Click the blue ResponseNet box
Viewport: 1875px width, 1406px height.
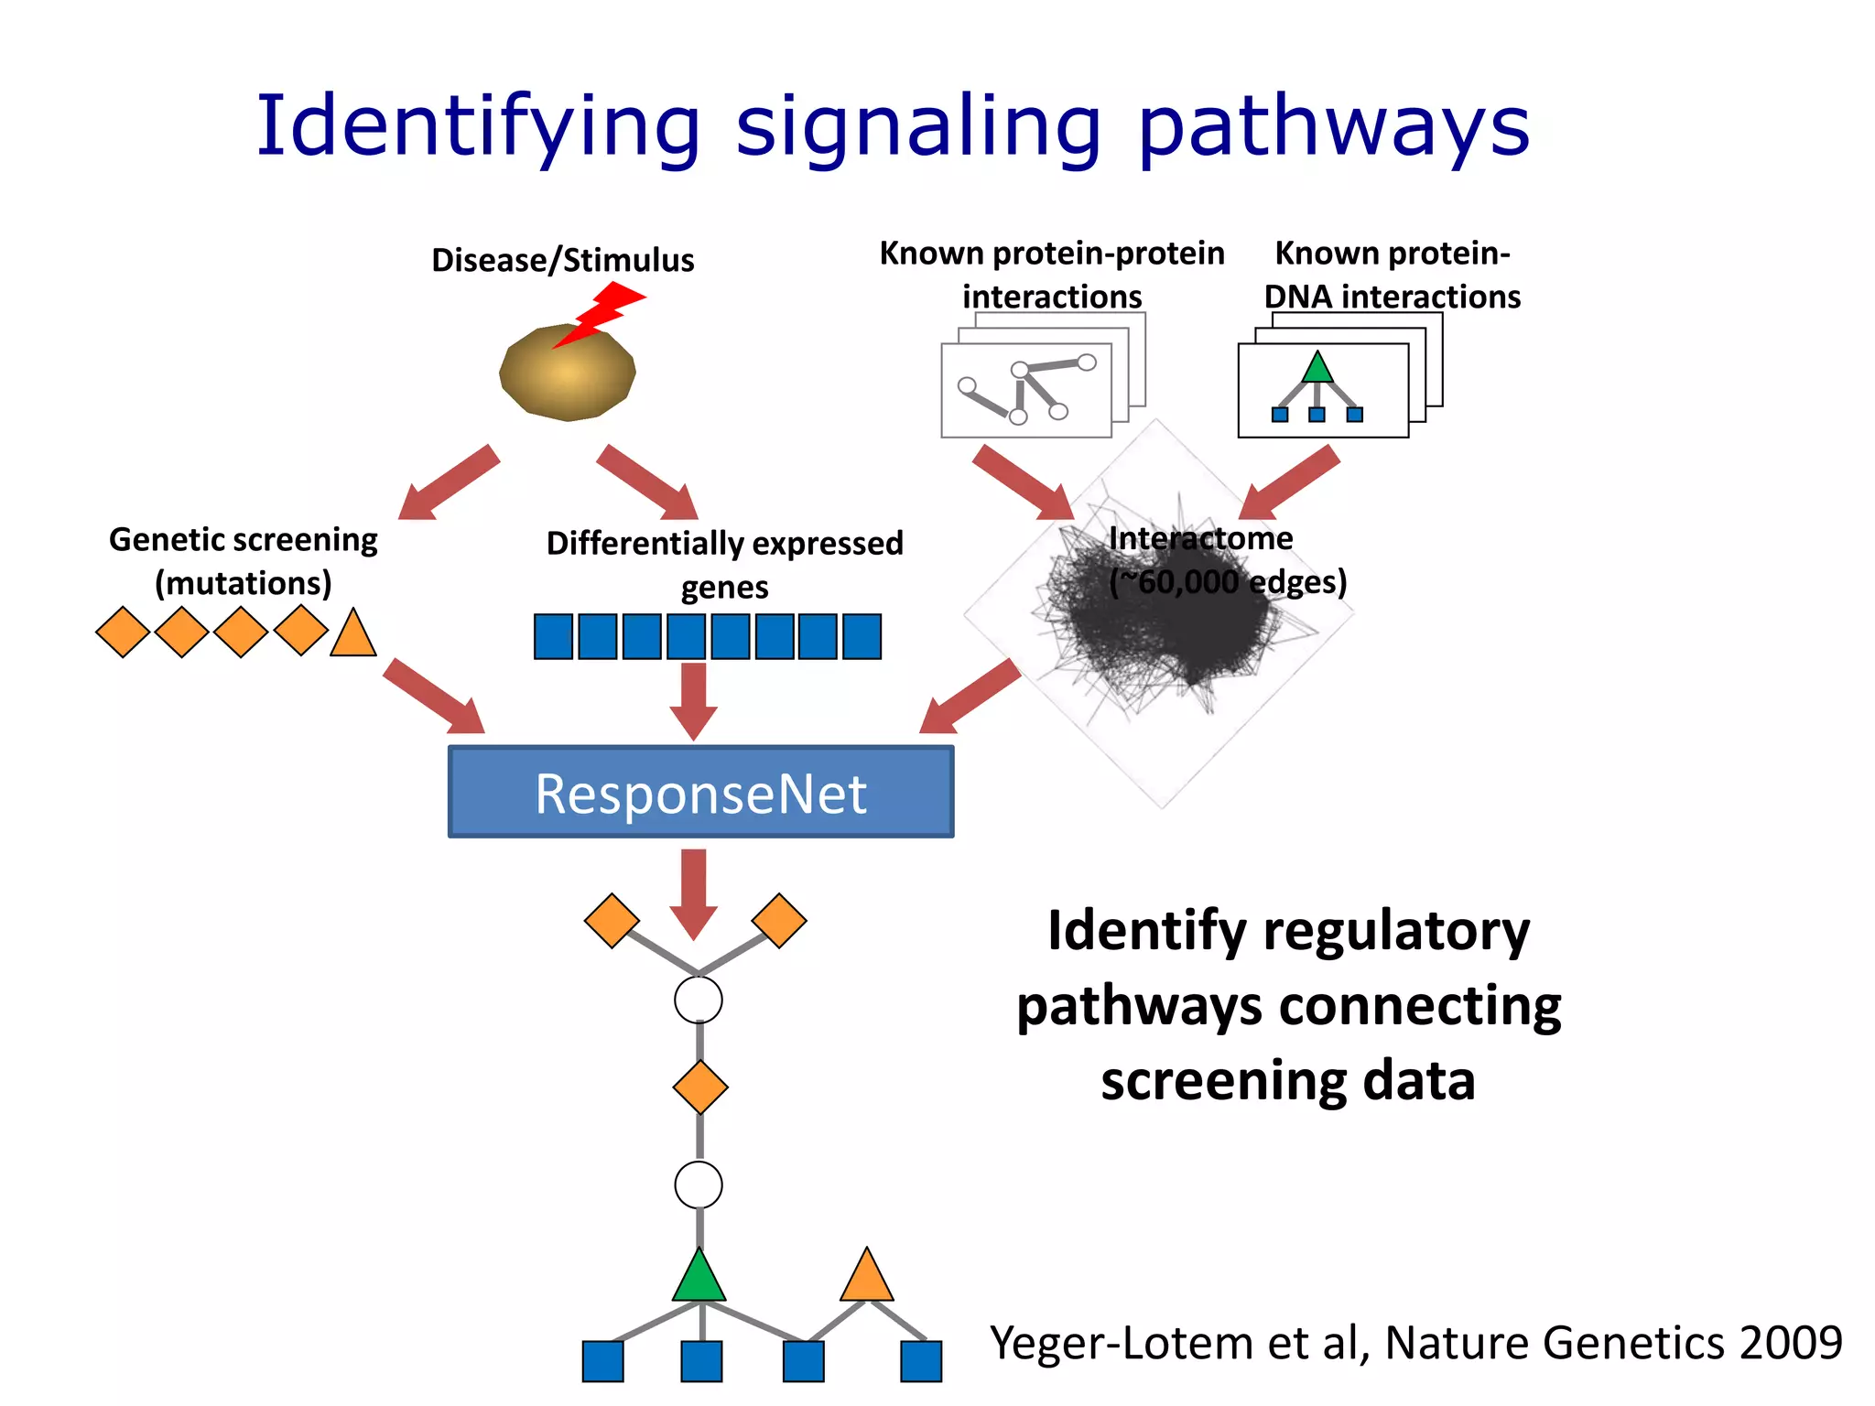(x=700, y=792)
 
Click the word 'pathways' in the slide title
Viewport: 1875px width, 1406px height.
(x=1333, y=128)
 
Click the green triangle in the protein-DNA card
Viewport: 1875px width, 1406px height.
(x=1317, y=369)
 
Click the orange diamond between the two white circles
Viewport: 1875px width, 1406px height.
(x=700, y=1087)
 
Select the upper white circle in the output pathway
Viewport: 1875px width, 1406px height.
(x=699, y=1000)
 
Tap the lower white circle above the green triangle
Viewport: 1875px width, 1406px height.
(x=699, y=1185)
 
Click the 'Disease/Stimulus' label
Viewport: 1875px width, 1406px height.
(x=562, y=260)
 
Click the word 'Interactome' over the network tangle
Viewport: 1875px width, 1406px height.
(x=1200, y=538)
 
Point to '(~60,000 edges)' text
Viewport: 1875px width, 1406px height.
(x=1228, y=582)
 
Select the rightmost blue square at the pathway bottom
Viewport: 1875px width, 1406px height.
(x=921, y=1361)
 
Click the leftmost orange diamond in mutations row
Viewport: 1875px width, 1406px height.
(x=123, y=632)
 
